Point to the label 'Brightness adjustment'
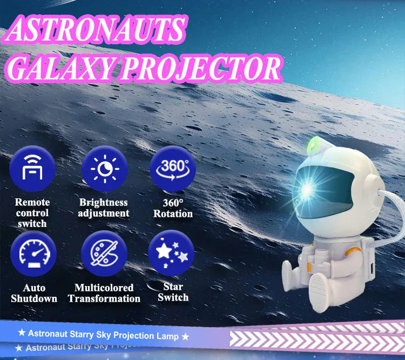(104, 208)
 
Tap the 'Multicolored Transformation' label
(104, 293)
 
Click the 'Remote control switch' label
(32, 212)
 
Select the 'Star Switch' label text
(173, 292)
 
